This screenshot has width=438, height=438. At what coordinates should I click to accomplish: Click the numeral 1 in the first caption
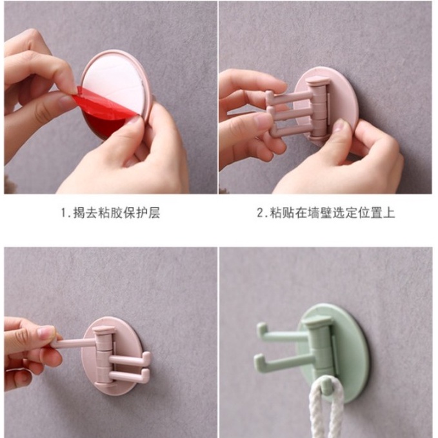(64, 213)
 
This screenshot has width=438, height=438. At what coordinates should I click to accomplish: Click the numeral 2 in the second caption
(260, 213)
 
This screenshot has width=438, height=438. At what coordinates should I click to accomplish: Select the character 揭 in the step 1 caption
(79, 213)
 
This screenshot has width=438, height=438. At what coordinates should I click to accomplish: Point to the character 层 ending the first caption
(154, 213)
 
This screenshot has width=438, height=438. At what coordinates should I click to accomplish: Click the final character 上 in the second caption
(389, 213)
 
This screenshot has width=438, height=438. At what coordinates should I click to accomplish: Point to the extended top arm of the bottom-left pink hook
(75, 343)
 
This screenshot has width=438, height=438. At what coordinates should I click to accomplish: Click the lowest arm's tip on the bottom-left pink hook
(146, 373)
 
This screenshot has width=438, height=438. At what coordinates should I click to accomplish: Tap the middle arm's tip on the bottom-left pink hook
(146, 357)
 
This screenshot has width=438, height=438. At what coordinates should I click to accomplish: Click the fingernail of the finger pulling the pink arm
(45, 332)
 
